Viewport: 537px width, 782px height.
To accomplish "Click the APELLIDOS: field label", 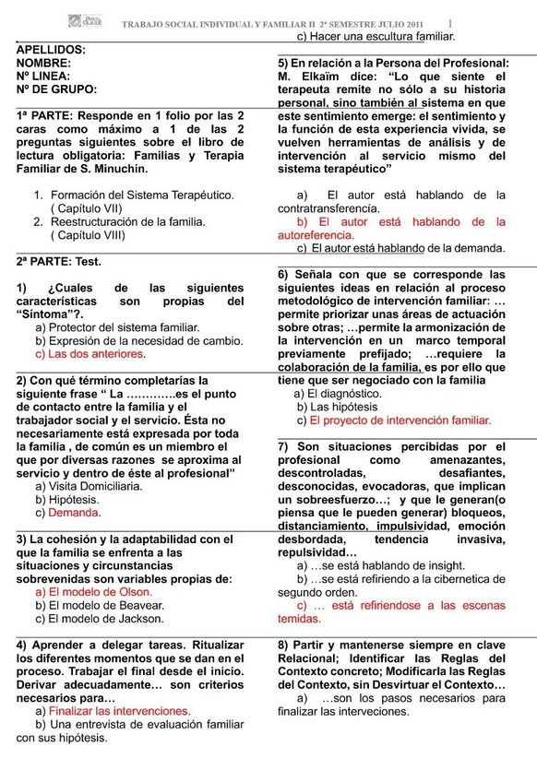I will tap(52, 49).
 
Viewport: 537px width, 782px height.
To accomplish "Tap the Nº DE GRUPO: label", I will tap(56, 89).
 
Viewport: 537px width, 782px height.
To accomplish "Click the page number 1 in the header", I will tap(450, 22).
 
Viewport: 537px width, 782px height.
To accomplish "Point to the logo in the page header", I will tap(86, 21).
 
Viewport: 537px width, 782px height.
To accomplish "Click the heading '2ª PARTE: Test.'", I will tap(59, 262).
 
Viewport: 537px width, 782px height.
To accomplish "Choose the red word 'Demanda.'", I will tap(75, 513).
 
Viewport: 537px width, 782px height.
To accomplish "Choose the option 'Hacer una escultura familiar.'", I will tap(382, 37).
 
